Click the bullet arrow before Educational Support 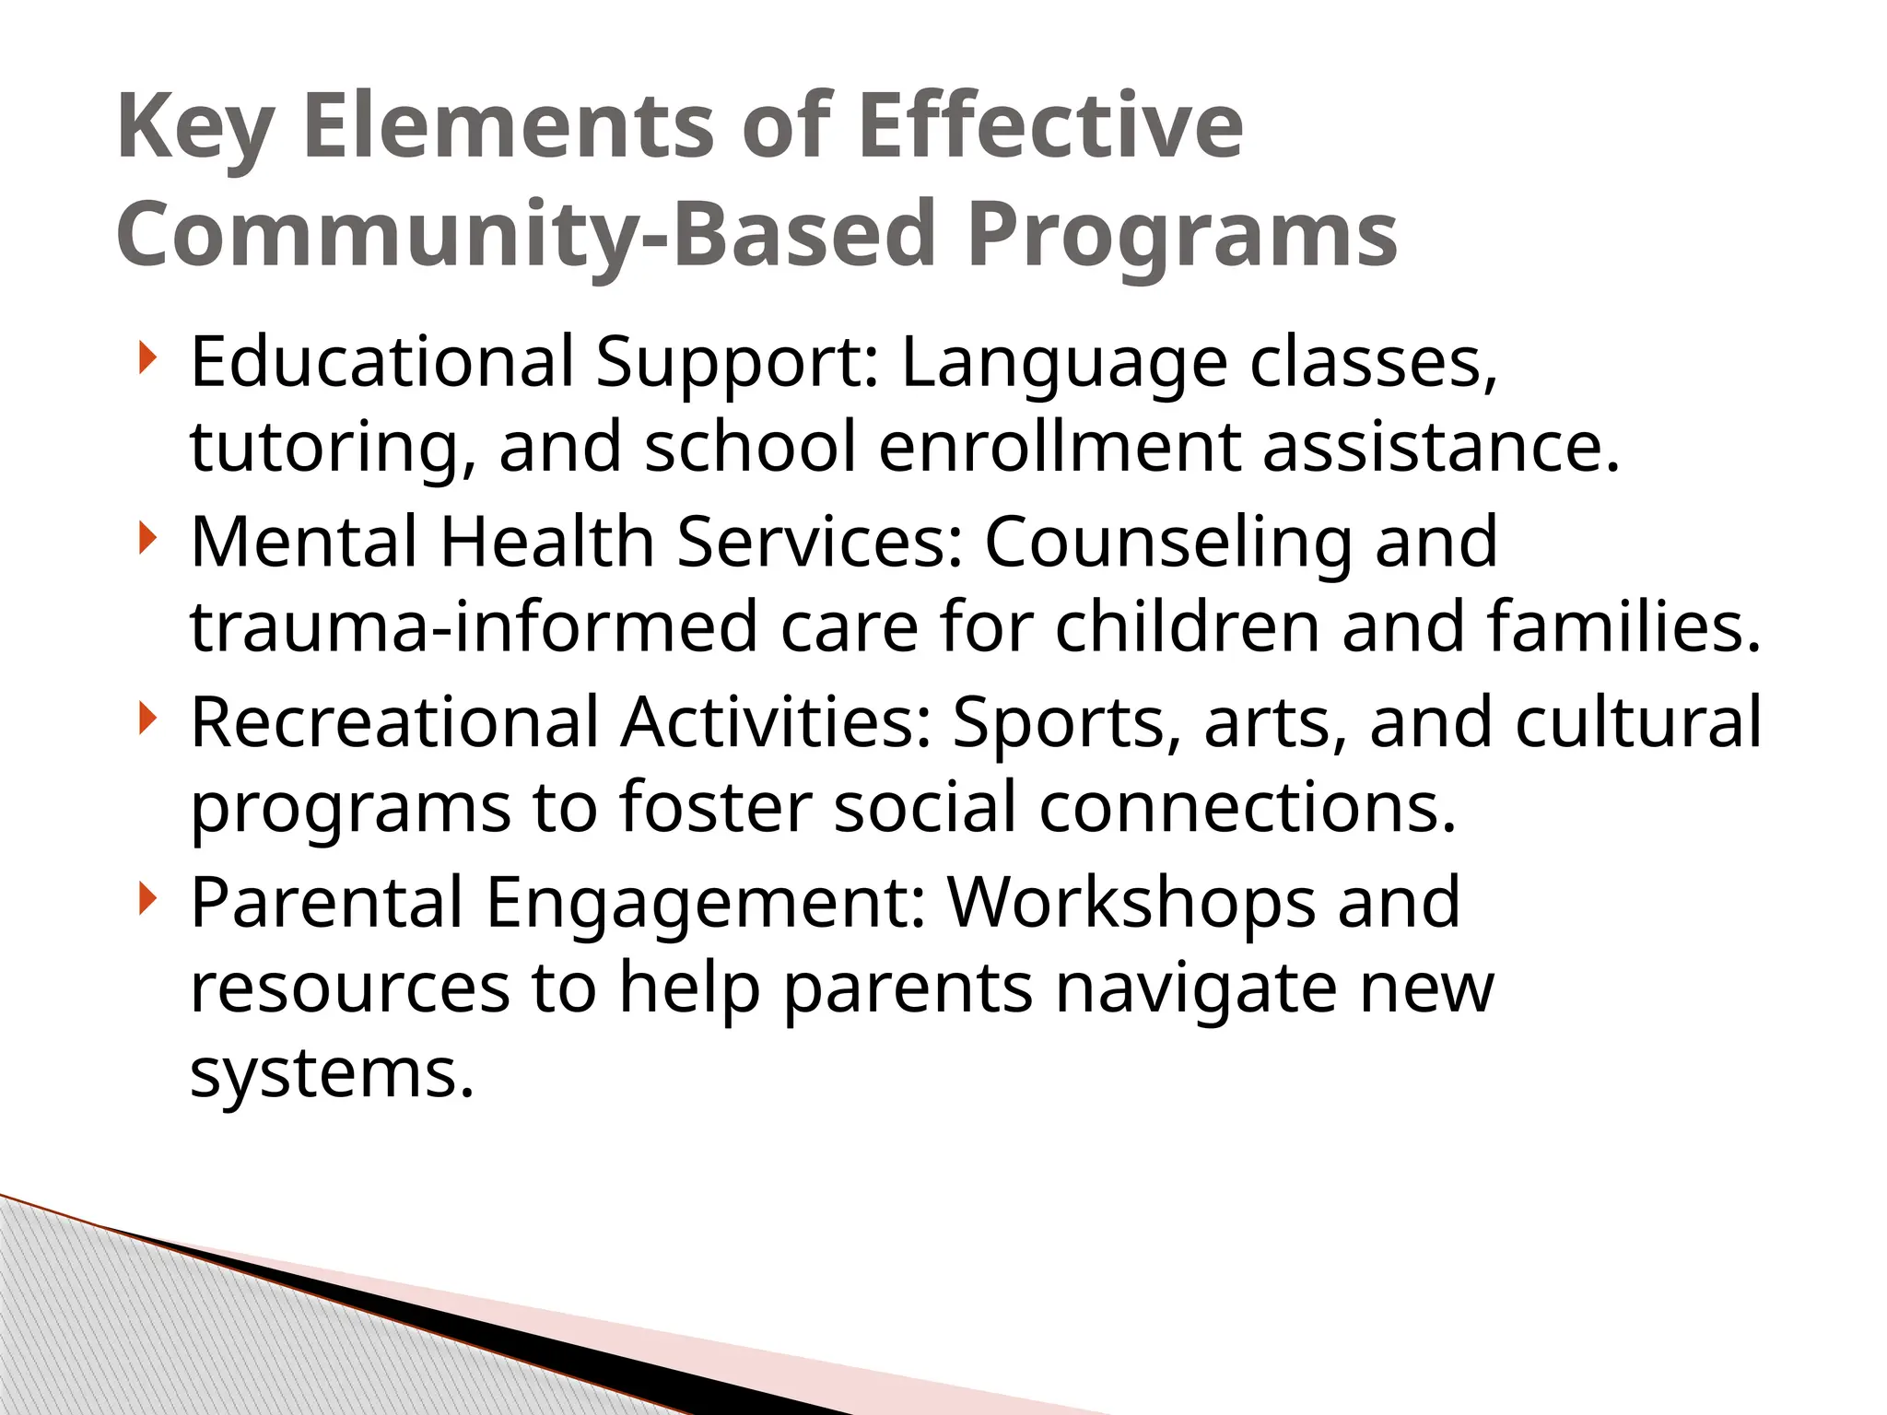147,358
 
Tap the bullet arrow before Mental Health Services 147,538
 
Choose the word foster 715,807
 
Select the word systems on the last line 332,1074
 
